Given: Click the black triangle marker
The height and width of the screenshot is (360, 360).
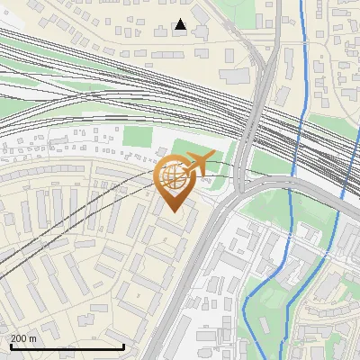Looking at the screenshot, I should [181, 24].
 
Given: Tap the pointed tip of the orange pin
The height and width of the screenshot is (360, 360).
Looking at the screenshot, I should [172, 212].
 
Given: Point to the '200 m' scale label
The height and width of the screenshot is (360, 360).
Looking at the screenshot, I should [24, 337].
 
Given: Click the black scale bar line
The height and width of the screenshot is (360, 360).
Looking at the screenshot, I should [67, 346].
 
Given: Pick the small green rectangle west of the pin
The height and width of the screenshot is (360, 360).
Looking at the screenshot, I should [138, 137].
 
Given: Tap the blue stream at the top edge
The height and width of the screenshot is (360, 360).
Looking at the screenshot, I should [300, 7].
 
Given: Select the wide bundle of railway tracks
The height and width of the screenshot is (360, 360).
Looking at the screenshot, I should [135, 90].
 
